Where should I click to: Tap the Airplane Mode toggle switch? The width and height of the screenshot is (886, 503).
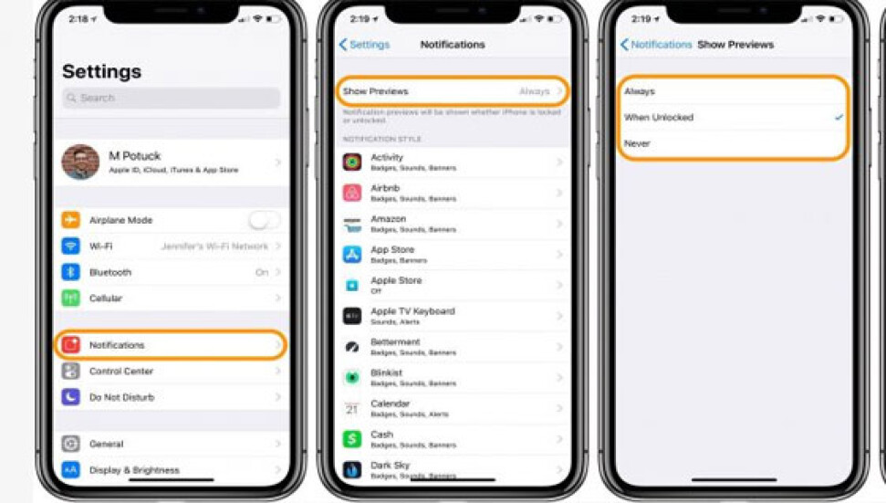(x=264, y=220)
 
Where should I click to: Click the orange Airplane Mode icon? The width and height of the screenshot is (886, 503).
(x=71, y=220)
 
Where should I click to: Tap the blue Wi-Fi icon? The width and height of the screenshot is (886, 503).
(x=71, y=246)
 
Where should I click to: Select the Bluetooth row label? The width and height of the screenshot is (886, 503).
(x=110, y=272)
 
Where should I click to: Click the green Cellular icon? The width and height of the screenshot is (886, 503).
(x=71, y=299)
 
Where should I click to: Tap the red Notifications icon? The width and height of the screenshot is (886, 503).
(x=71, y=345)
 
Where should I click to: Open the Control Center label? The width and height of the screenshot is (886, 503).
(x=121, y=372)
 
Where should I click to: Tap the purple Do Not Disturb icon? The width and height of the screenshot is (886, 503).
(x=71, y=397)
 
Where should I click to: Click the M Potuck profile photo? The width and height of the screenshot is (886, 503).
(x=80, y=162)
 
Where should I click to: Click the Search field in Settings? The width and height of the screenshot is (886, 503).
(x=172, y=98)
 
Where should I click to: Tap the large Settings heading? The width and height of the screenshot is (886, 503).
(x=101, y=71)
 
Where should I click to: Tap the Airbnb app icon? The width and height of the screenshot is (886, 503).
(x=352, y=193)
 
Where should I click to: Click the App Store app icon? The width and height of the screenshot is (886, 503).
(x=352, y=255)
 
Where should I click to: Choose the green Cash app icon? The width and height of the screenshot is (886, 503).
(x=352, y=439)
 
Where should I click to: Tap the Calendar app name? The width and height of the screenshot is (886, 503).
(x=390, y=403)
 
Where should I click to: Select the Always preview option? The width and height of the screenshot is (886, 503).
(x=640, y=91)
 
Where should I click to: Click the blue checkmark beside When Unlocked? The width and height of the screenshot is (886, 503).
(x=839, y=118)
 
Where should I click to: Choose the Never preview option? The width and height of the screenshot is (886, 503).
(x=637, y=143)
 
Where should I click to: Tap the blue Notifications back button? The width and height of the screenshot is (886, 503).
(x=655, y=45)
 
